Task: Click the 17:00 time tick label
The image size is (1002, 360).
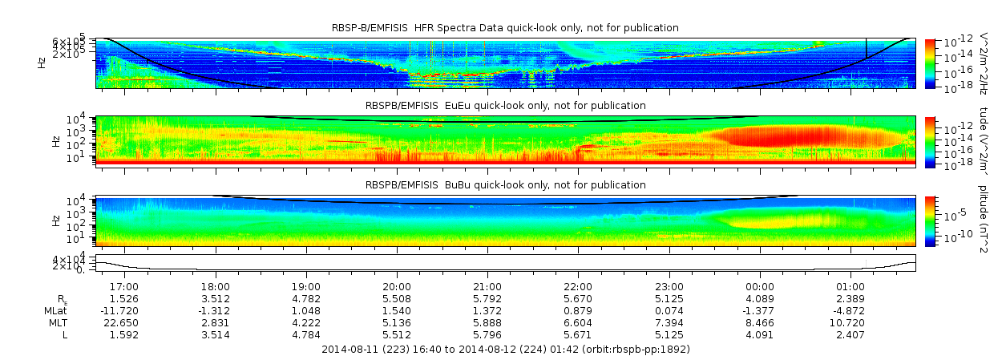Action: (x=124, y=286)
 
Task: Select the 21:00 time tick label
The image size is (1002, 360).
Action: (x=487, y=286)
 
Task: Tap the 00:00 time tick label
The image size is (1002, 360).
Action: (x=760, y=286)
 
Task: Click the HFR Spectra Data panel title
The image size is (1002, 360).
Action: (x=505, y=28)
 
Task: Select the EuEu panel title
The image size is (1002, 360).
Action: (x=505, y=106)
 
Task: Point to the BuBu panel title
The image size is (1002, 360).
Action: (x=505, y=185)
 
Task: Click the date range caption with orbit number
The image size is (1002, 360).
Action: (x=505, y=350)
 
